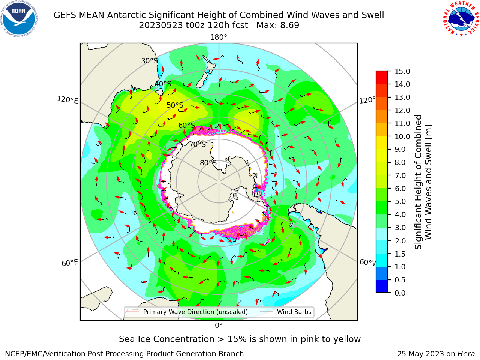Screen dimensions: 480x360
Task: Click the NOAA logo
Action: coord(19,19)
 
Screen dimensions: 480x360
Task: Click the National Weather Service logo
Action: coord(461,19)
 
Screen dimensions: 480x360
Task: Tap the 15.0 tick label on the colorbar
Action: coord(402,71)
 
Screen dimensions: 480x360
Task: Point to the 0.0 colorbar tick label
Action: coord(400,293)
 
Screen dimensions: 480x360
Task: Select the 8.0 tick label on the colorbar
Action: coord(400,162)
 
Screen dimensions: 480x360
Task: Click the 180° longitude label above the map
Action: coord(219,37)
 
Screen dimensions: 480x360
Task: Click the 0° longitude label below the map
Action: coord(219,325)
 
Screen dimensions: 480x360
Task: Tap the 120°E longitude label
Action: coord(67,100)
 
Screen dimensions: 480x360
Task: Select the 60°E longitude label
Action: coord(70,263)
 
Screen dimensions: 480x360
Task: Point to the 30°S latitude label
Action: coord(149,61)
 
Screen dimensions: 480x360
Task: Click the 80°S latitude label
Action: coord(208,163)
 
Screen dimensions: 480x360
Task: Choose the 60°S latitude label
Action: coord(186,125)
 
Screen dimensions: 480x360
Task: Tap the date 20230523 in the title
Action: coord(161,25)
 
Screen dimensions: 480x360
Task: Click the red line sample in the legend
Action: coord(133,312)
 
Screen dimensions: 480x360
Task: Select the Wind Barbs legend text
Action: coord(294,312)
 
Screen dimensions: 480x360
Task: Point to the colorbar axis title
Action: coord(423,182)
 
